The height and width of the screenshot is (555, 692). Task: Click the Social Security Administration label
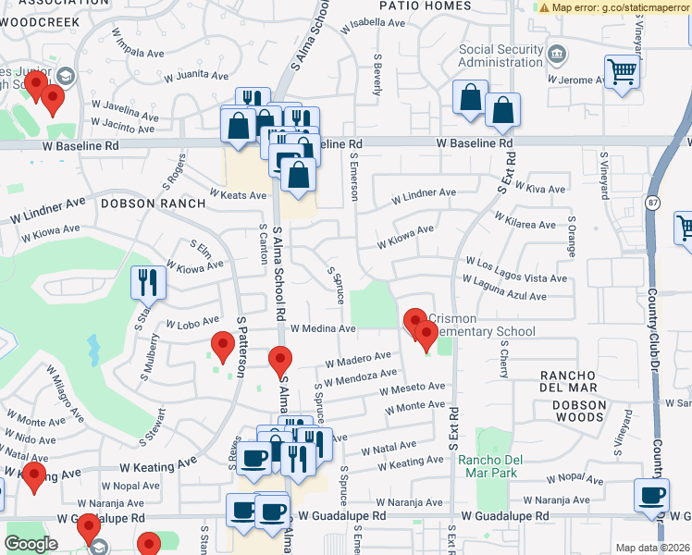pyautogui.click(x=488, y=55)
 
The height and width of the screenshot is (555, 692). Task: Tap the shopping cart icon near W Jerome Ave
pyautogui.click(x=622, y=71)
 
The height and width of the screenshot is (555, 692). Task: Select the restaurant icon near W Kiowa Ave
pyautogui.click(x=148, y=282)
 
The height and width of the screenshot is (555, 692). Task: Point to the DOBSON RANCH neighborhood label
pyautogui.click(x=138, y=203)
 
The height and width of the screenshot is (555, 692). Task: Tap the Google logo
pyautogui.click(x=31, y=543)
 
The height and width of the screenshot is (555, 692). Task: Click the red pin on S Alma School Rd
pyautogui.click(x=280, y=362)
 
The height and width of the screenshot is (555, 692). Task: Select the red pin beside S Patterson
pyautogui.click(x=222, y=347)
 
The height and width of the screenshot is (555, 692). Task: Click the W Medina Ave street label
pyautogui.click(x=322, y=328)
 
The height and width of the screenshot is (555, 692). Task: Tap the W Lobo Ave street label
pyautogui.click(x=192, y=325)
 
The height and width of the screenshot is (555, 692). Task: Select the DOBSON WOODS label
pyautogui.click(x=579, y=411)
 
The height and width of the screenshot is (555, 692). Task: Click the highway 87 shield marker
pyautogui.click(x=652, y=203)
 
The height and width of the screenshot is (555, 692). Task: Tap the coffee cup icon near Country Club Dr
pyautogui.click(x=651, y=495)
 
